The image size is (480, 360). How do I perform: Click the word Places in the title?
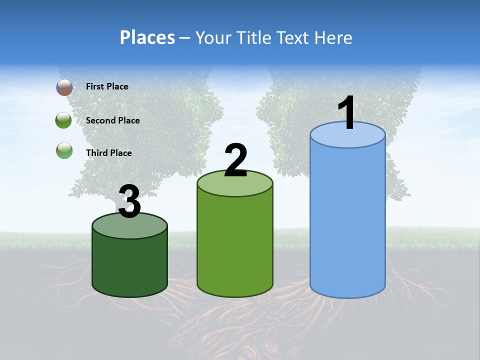coord(147,37)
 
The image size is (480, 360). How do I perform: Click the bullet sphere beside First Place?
coord(64,87)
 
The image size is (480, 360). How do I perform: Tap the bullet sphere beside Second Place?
coord(64,120)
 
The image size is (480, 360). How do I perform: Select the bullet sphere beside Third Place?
coord(64,150)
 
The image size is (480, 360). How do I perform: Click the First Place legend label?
coord(107,86)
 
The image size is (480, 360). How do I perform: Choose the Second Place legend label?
coord(112,120)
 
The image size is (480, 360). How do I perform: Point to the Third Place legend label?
coord(108,153)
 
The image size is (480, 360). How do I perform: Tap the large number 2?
coord(235,160)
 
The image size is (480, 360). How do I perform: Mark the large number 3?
coord(129,201)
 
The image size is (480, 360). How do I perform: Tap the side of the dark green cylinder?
coord(129,265)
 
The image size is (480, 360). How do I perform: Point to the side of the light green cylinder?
coord(235,245)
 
